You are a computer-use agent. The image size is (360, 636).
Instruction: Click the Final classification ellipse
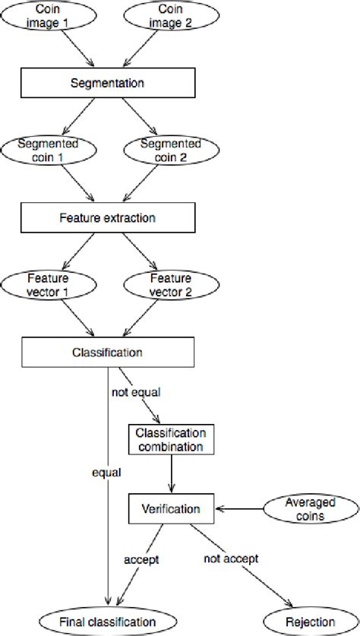coord(108,621)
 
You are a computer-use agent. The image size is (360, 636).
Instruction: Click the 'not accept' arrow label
coord(231,558)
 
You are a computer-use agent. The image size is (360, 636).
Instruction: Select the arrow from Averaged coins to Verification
coord(239,509)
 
